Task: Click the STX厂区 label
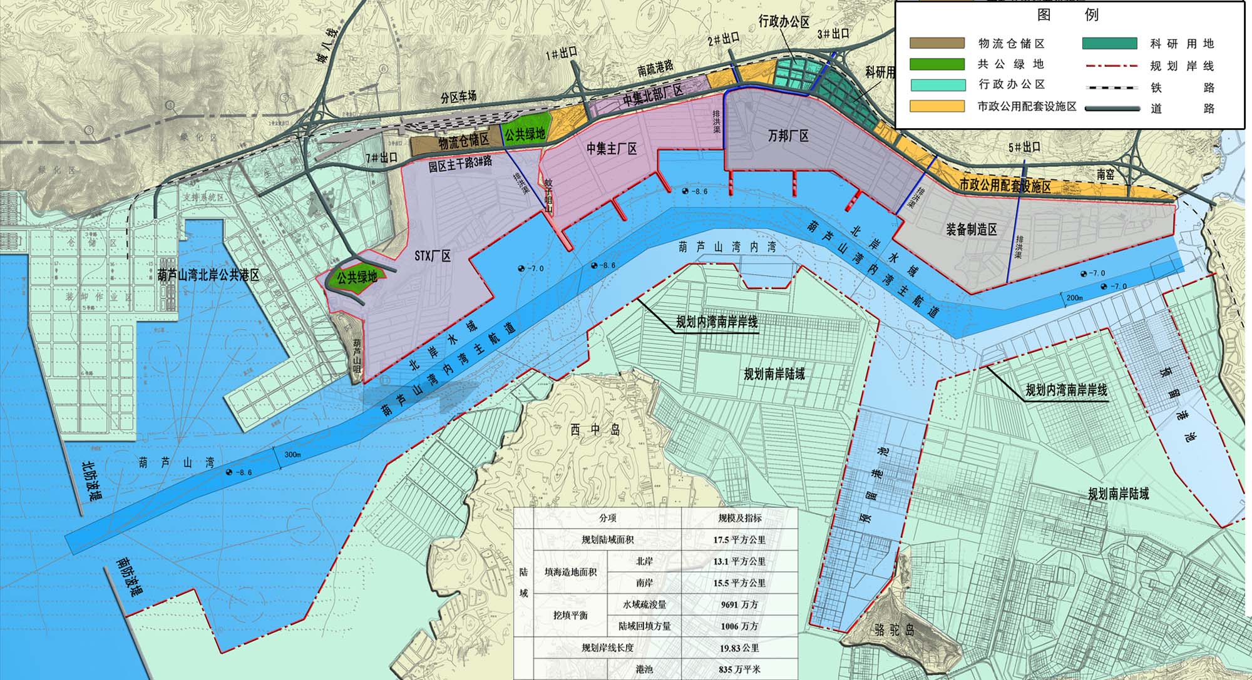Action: [433, 256]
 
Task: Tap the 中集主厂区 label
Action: [612, 149]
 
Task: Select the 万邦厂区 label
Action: [788, 136]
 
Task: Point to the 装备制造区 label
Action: [971, 230]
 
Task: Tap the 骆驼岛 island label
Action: [894, 629]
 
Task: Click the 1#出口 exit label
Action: [561, 53]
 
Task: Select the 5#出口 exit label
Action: [1024, 148]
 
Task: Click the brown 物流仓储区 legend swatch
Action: [937, 43]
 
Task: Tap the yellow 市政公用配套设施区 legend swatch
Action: [937, 106]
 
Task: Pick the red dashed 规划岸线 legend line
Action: [1110, 66]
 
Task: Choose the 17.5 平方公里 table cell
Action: [739, 540]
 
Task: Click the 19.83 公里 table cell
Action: [739, 648]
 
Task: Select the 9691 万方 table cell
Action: [739, 605]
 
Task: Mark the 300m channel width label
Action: [292, 454]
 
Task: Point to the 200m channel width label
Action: [1074, 298]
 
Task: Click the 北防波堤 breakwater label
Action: [93, 481]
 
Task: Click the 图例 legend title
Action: [1068, 14]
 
